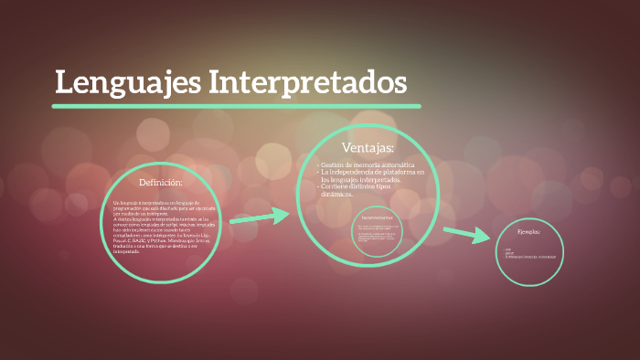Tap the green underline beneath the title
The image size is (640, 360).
(x=236, y=106)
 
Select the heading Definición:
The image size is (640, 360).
(x=161, y=183)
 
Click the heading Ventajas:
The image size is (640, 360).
(x=368, y=148)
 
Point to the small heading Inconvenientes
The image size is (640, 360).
(x=377, y=217)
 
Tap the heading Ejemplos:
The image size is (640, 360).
(x=528, y=232)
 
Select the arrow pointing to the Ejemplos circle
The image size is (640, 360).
(x=466, y=235)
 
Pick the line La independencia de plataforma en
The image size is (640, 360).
(x=372, y=172)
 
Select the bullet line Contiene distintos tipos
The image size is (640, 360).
(x=363, y=186)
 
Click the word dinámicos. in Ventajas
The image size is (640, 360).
(x=336, y=195)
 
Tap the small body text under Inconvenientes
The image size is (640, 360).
(x=377, y=236)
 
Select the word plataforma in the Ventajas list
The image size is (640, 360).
(x=394, y=172)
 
